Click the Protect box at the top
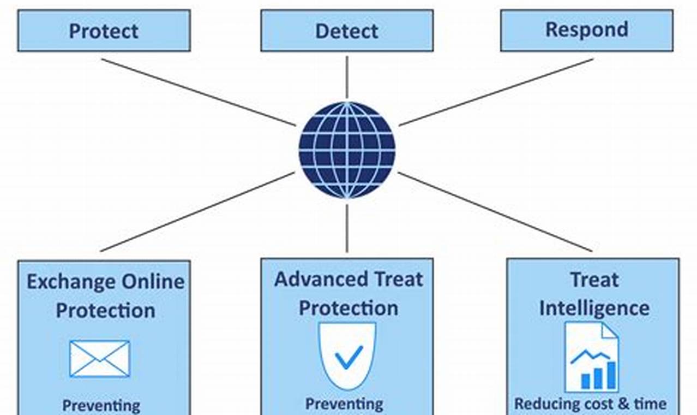104,31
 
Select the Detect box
347,31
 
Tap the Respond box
587,29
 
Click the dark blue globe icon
347,150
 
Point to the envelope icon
99,359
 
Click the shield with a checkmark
347,355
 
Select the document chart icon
591,357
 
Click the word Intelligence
594,308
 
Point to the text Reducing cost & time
590,404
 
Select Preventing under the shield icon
344,404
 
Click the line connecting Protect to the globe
199,92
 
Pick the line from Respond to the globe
496,92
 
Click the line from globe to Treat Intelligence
495,212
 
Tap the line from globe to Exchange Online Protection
197,212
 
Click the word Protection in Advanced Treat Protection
348,308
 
